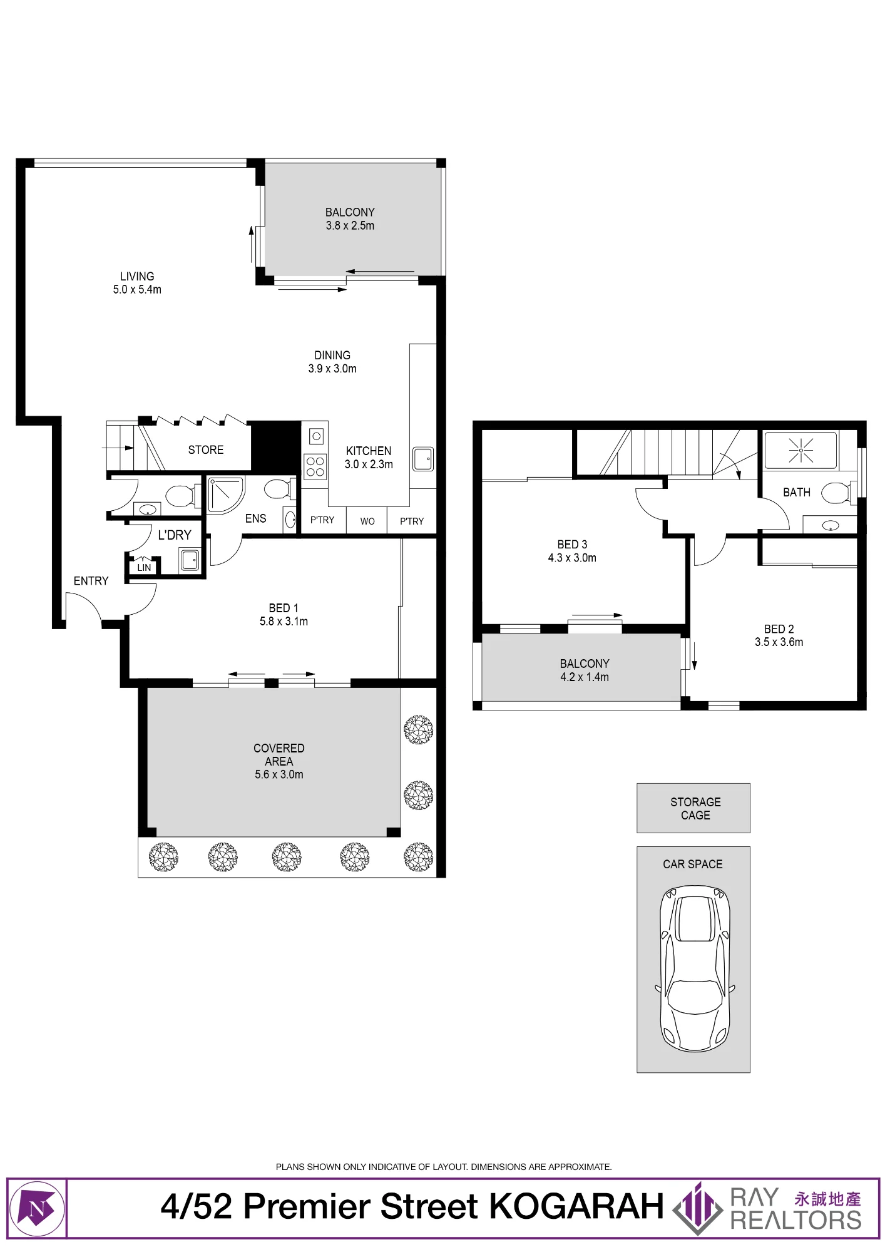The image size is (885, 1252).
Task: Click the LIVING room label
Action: [x=137, y=276]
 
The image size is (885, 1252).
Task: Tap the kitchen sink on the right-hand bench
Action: [x=423, y=459]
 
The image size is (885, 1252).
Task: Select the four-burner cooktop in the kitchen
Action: [x=315, y=466]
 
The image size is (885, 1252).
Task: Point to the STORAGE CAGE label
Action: [x=695, y=808]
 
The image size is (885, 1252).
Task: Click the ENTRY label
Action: [x=91, y=581]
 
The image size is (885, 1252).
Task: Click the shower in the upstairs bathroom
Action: [x=801, y=450]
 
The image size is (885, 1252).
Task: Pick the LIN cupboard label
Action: [x=144, y=568]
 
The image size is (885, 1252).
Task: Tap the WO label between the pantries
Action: [x=367, y=521]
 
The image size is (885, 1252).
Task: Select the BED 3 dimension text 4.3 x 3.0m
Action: [x=572, y=558]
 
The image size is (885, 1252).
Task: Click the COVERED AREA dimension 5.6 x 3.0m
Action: [x=279, y=774]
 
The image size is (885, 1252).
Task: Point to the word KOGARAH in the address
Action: [x=576, y=1206]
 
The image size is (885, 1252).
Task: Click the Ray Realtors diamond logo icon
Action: [x=697, y=1208]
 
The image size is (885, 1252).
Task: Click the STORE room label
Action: [x=206, y=450]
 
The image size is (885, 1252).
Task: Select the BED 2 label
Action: [x=779, y=629]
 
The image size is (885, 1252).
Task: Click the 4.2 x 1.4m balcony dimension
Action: [x=585, y=677]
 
